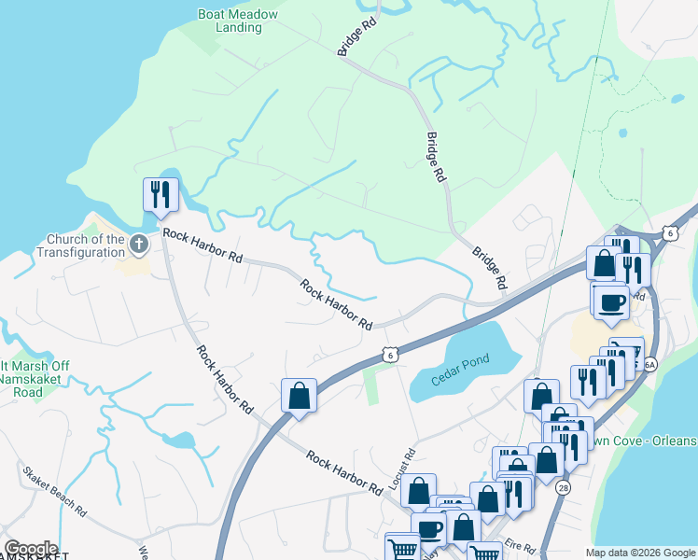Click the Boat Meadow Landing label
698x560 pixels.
pyautogui.click(x=230, y=21)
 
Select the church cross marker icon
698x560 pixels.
pyautogui.click(x=139, y=245)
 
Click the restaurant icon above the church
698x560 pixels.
pyautogui.click(x=160, y=194)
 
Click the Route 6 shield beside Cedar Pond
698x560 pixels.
pyautogui.click(x=389, y=355)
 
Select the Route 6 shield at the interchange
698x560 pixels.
pyautogui.click(x=670, y=232)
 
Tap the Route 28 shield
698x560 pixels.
pyautogui.click(x=563, y=488)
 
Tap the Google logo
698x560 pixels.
pyautogui.click(x=31, y=549)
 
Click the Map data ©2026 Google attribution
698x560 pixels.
pyautogui.click(x=639, y=553)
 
